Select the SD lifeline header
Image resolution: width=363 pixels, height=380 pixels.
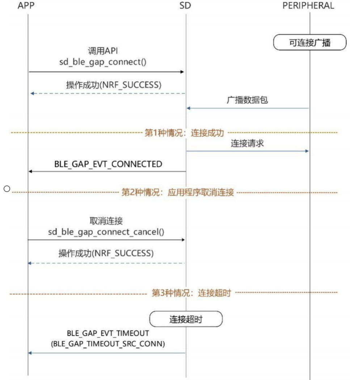(x=185, y=6)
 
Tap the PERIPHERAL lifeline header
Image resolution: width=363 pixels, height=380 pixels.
(x=308, y=6)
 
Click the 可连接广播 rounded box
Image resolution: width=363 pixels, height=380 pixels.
(x=310, y=43)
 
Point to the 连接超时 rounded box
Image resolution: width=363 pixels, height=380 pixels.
(x=186, y=319)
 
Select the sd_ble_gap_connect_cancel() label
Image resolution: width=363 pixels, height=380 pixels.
(x=106, y=232)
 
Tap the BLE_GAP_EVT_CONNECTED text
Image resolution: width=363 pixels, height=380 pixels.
(x=108, y=164)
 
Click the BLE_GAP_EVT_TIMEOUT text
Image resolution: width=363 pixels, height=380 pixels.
(x=108, y=333)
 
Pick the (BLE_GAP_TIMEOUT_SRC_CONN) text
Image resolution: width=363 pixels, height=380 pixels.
(x=108, y=344)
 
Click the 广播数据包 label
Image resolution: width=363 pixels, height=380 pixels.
(x=247, y=100)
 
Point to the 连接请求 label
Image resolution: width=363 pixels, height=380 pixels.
(x=247, y=143)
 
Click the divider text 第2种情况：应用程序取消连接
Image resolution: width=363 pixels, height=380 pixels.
(x=177, y=192)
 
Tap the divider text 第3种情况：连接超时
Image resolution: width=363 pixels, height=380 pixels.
(x=191, y=293)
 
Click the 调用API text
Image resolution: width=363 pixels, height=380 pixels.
(x=103, y=51)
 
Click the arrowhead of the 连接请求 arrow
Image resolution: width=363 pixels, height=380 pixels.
(x=307, y=151)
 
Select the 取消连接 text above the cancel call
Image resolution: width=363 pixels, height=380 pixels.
(x=106, y=221)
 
